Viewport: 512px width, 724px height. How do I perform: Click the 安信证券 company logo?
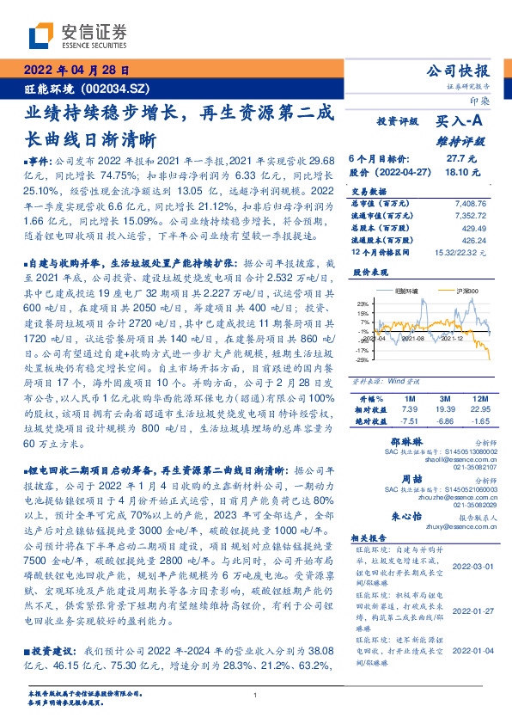pyautogui.click(x=78, y=36)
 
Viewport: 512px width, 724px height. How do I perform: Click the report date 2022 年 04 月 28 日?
pyautogui.click(x=75, y=71)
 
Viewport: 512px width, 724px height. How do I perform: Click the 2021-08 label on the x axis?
pyautogui.click(x=414, y=364)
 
